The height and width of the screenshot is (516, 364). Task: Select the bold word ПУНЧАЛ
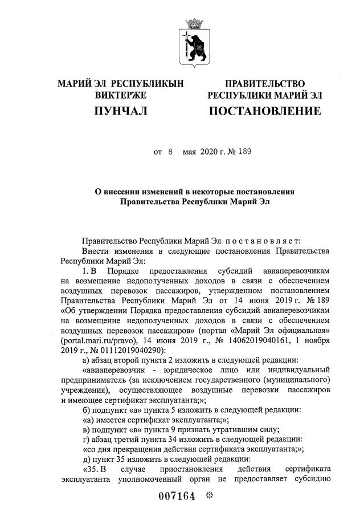[121, 111]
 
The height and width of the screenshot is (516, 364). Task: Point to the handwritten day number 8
[170, 152]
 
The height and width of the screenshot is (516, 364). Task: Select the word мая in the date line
[189, 152]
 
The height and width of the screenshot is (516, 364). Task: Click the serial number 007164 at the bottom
[177, 496]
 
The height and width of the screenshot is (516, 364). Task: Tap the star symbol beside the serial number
[209, 495]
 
